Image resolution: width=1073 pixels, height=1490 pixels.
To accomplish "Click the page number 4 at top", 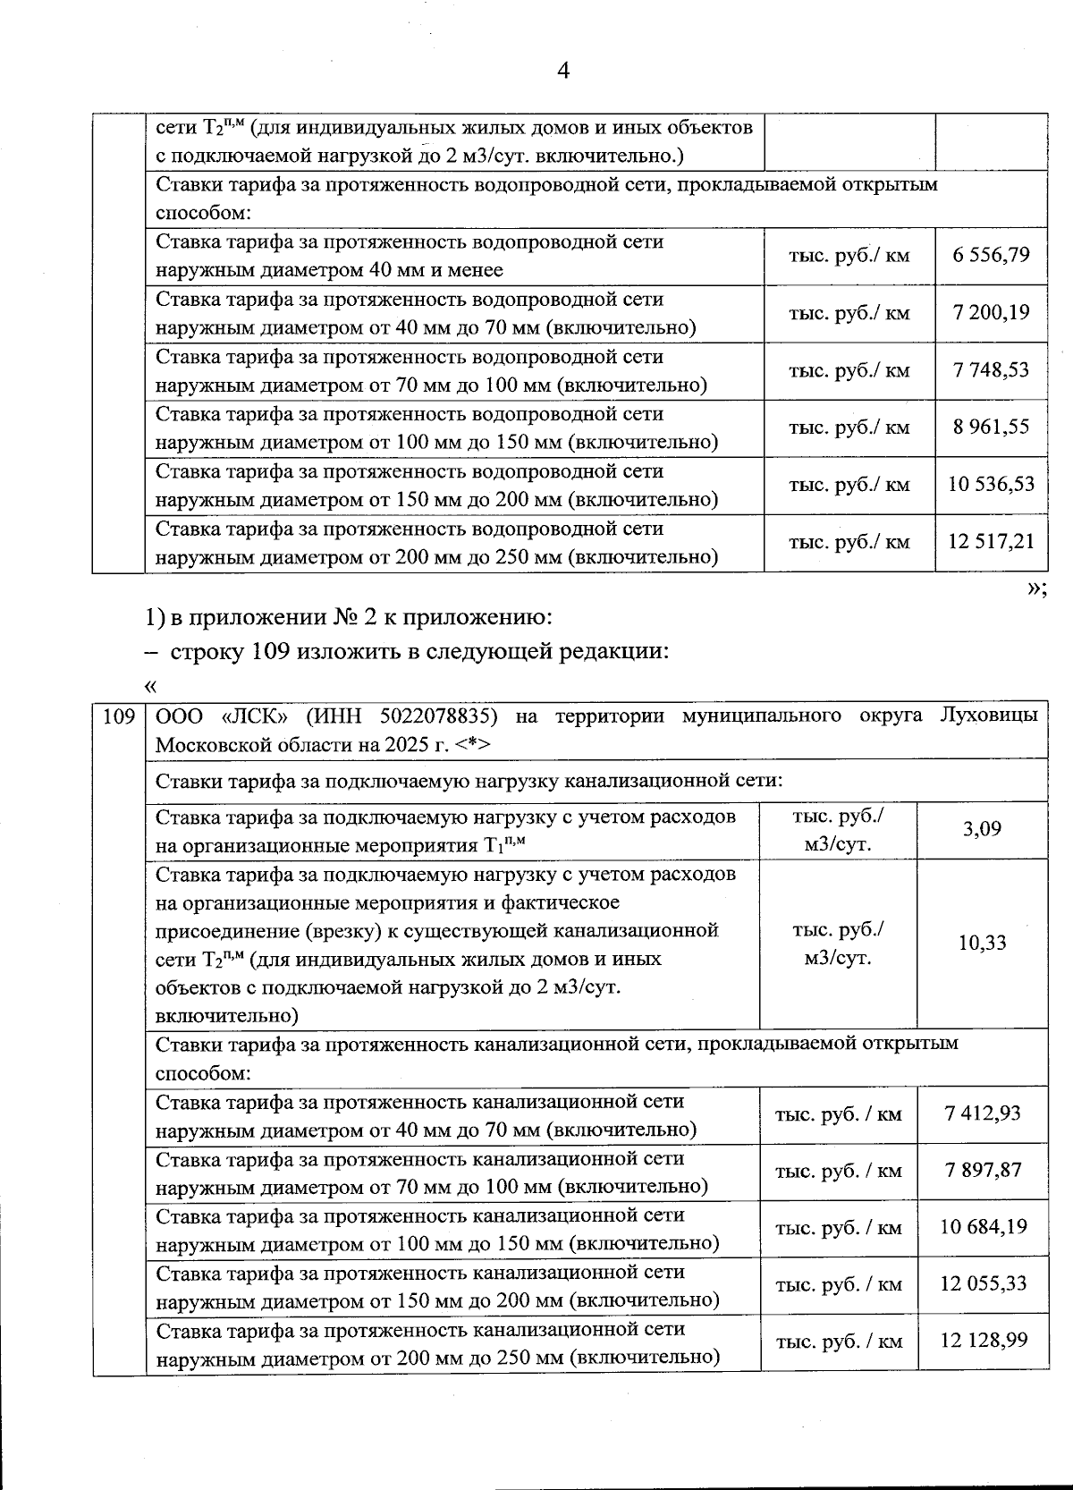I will pyautogui.click(x=563, y=71).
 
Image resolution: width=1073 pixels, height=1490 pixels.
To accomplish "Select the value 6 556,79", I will pyautogui.click(x=991, y=256).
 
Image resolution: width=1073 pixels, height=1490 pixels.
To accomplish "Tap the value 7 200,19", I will pyautogui.click(x=991, y=313).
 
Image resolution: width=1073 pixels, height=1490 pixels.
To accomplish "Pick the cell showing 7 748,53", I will pyautogui.click(x=991, y=370).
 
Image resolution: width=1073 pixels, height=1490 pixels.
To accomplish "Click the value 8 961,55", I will pyautogui.click(x=991, y=428).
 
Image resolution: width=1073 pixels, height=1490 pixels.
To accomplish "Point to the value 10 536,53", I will pyautogui.click(x=991, y=485).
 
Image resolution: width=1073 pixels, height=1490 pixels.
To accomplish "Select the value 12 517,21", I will pyautogui.click(x=991, y=542).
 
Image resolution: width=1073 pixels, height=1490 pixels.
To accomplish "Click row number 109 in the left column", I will pyautogui.click(x=119, y=716).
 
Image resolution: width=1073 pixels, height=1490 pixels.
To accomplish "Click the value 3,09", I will pyautogui.click(x=982, y=829).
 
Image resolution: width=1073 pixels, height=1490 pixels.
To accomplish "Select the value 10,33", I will pyautogui.click(x=982, y=943).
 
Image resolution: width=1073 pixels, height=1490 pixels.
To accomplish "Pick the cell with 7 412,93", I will pyautogui.click(x=982, y=1114).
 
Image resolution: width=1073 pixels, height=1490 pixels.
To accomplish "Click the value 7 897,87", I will pyautogui.click(x=982, y=1171).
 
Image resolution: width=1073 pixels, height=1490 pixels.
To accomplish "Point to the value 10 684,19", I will pyautogui.click(x=982, y=1227).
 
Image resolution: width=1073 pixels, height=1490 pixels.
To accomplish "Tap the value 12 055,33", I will pyautogui.click(x=982, y=1284).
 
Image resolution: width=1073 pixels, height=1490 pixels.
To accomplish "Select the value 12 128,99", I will pyautogui.click(x=982, y=1341).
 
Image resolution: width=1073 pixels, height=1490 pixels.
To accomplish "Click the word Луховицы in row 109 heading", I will pyautogui.click(x=989, y=716).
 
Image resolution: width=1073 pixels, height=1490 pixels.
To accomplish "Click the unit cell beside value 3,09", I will pyautogui.click(x=838, y=829).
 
